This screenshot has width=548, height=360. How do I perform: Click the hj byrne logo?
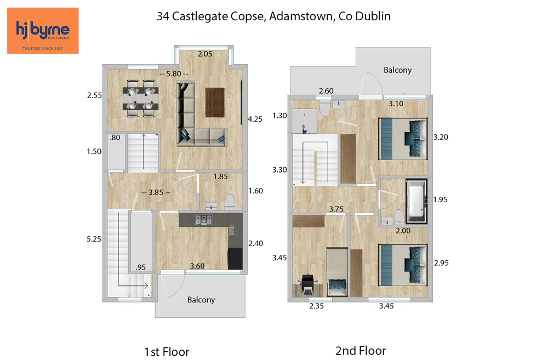point(43,31)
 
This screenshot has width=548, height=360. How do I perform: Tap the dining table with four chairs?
point(140,99)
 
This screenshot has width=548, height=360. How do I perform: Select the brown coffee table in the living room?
point(215,102)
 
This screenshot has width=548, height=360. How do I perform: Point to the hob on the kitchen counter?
point(203,220)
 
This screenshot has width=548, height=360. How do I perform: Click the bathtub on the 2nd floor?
point(416,201)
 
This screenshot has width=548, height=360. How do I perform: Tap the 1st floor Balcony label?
point(201,300)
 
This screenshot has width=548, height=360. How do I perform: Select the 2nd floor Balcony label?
point(397,70)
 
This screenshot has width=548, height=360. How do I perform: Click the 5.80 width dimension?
point(174,74)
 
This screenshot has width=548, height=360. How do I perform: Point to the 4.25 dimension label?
point(255,119)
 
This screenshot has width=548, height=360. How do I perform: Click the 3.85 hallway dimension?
point(156,192)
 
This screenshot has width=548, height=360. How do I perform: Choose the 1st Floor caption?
point(167,352)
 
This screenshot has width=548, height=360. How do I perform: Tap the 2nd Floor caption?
point(361,351)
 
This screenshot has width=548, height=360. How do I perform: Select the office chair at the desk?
point(308,284)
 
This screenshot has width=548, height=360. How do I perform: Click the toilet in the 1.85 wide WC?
point(230,202)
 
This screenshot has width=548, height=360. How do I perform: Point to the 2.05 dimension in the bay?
point(205,54)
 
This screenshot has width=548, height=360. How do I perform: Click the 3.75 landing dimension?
point(336,209)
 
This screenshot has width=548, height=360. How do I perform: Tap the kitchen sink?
point(232,231)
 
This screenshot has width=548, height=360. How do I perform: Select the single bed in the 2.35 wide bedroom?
point(337,272)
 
